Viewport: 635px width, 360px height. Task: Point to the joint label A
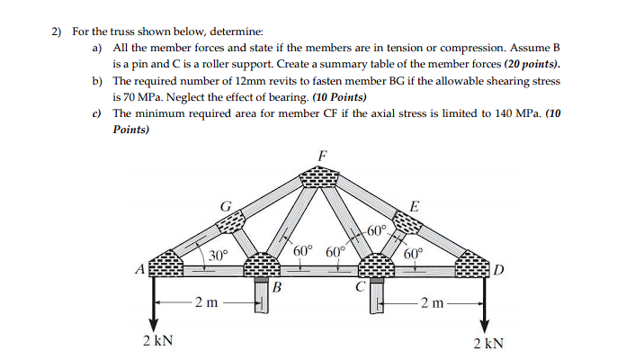(139, 267)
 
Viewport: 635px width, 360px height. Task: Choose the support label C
(359, 288)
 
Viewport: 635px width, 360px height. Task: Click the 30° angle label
(218, 256)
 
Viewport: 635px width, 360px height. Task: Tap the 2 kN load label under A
(157, 342)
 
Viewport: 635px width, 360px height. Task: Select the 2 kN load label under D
(487, 342)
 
